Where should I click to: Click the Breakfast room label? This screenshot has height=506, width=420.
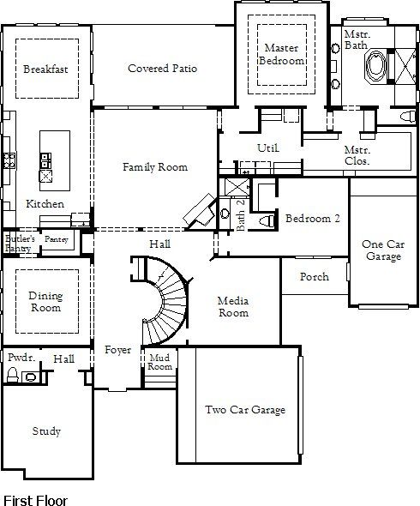[45, 69]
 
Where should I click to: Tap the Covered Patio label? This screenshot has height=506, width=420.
[162, 69]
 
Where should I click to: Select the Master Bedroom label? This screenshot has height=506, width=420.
[283, 55]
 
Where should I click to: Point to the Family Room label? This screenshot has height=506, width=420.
[154, 167]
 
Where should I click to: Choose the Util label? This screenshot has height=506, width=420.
[268, 148]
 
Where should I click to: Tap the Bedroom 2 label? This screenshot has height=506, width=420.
[313, 219]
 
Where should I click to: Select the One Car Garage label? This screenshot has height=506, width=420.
[383, 250]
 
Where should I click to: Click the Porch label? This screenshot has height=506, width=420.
[314, 277]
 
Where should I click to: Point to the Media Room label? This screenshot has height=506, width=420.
[232, 307]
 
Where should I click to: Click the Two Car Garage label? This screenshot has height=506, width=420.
[245, 410]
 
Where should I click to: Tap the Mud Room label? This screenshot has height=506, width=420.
[160, 361]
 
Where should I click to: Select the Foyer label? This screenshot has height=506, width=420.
[117, 350]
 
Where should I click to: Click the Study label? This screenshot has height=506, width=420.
[46, 431]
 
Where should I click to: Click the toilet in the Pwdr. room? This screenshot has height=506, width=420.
[12, 375]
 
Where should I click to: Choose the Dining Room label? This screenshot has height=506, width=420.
[45, 302]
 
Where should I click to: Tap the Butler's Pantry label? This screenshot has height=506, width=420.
[18, 243]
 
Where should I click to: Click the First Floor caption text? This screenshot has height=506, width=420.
[35, 498]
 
